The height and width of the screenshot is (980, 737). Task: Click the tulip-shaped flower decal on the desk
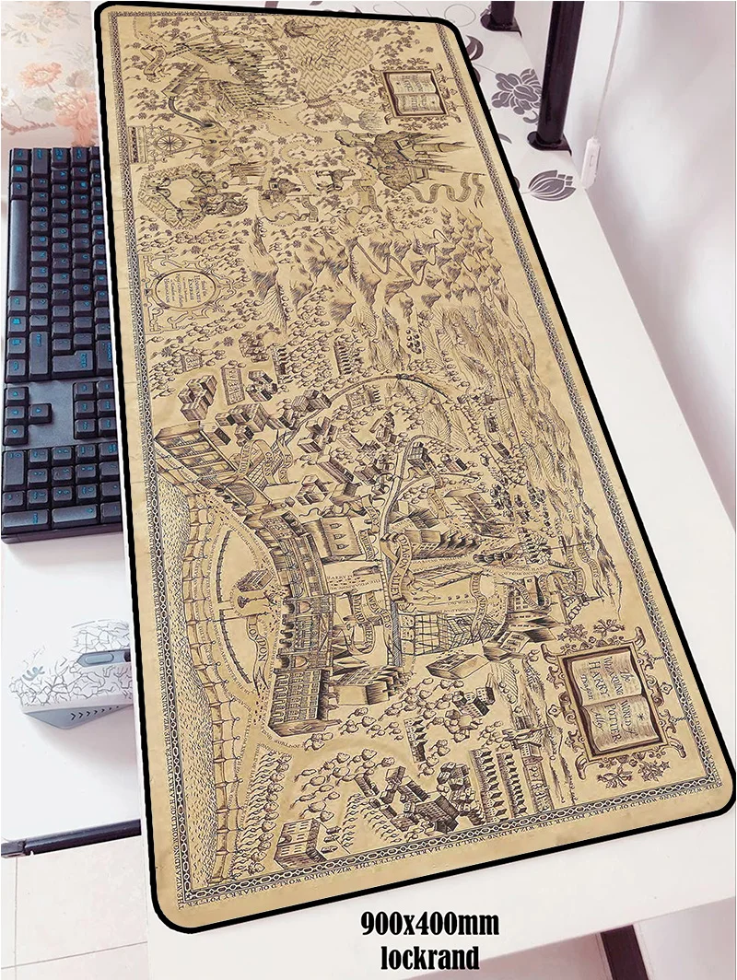point(551,184)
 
